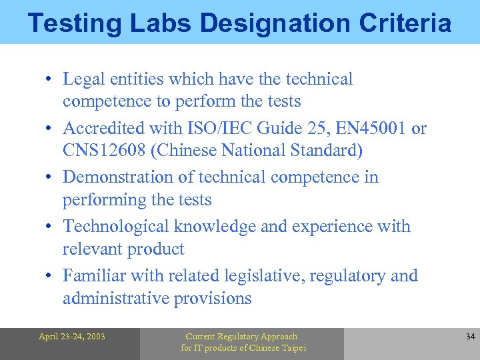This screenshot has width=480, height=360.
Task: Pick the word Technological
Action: [116, 227]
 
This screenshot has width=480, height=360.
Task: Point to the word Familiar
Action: [94, 276]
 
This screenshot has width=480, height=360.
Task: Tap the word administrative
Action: [115, 298]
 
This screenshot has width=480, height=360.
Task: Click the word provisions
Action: [213, 298]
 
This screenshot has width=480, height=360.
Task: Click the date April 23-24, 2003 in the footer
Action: [71, 337]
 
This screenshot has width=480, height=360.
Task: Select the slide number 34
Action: [470, 337]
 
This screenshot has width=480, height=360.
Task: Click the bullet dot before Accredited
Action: [50, 129]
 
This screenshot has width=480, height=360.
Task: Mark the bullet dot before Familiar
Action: [50, 276]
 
